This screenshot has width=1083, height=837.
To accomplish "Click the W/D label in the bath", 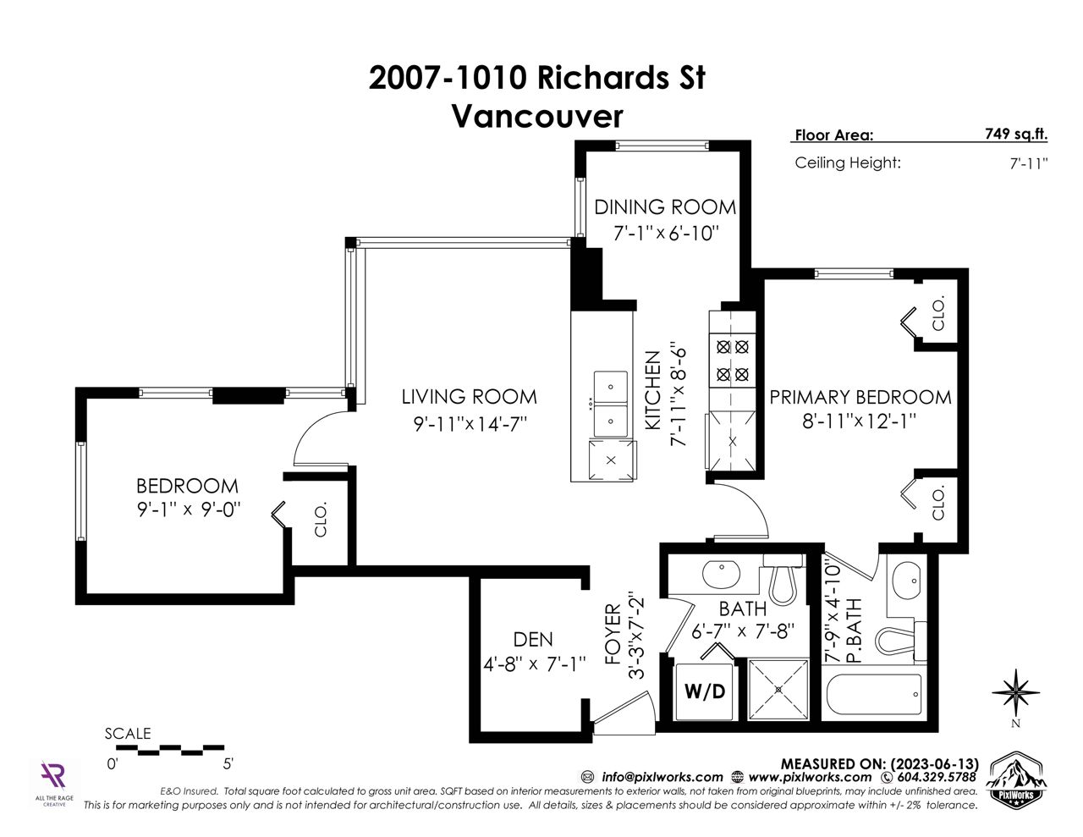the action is (x=705, y=691).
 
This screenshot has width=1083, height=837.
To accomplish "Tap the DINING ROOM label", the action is (x=665, y=206).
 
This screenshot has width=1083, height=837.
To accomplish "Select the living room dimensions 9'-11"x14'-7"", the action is (x=470, y=424).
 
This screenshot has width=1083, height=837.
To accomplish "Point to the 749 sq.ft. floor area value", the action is (x=1015, y=134).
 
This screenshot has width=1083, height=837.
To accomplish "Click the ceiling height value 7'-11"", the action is (x=1029, y=163).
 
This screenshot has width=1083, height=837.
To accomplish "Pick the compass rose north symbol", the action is (x=1015, y=692).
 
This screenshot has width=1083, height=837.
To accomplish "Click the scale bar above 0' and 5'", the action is (x=170, y=750).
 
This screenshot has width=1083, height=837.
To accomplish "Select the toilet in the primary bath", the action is (x=900, y=641).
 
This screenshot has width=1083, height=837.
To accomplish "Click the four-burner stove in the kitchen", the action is (x=733, y=360).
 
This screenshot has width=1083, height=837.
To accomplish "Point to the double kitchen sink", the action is (x=611, y=404).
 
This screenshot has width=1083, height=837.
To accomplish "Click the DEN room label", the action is (x=533, y=640).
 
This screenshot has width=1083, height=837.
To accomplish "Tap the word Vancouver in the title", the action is (x=537, y=116).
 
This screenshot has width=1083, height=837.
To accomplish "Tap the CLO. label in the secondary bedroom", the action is (x=321, y=520).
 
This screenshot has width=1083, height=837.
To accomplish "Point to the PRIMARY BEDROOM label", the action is (x=860, y=397).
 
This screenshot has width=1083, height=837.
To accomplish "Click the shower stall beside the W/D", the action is (x=778, y=690).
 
